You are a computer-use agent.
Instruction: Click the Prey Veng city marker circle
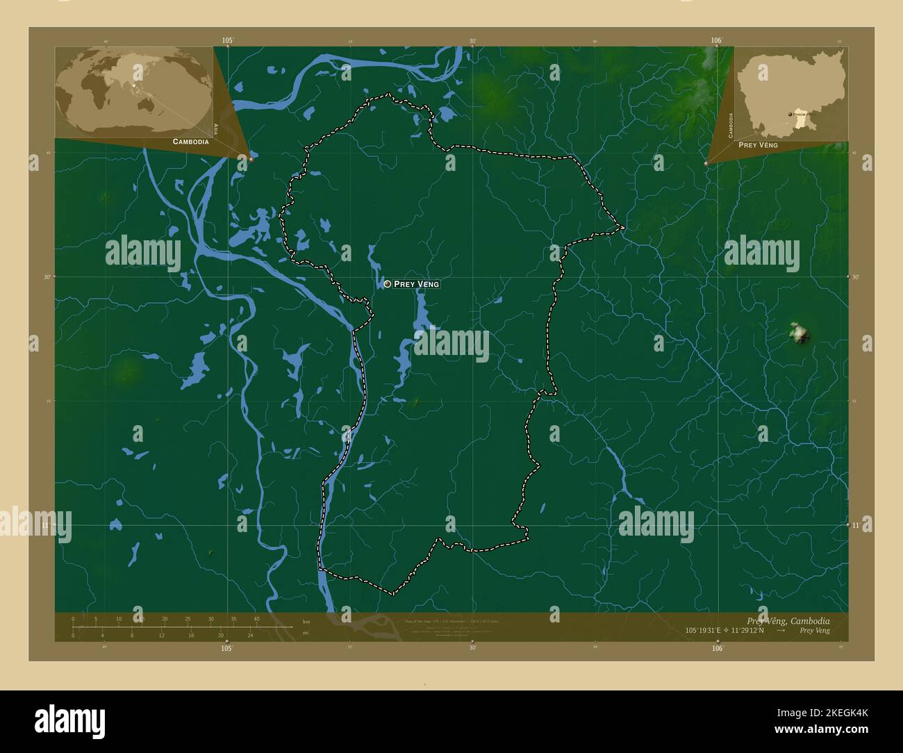pos(387,284)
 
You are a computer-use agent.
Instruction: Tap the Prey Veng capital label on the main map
pos(417,284)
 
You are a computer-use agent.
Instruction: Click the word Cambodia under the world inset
pos(190,142)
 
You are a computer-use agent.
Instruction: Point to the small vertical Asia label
pos(216,129)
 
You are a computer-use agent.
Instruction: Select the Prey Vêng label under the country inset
pos(758,145)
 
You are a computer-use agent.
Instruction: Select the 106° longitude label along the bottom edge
pos(717,648)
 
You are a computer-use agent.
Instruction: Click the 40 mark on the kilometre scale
pos(256,619)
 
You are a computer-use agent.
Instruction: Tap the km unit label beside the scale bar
pos(306,622)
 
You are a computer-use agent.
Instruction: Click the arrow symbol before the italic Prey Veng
pos(781,631)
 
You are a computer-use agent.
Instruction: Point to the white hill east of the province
pos(800,333)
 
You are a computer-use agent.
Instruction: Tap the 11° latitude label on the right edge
pos(856,526)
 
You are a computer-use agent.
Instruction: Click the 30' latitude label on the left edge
pos(47,276)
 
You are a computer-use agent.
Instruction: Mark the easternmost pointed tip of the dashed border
pos(624,227)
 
